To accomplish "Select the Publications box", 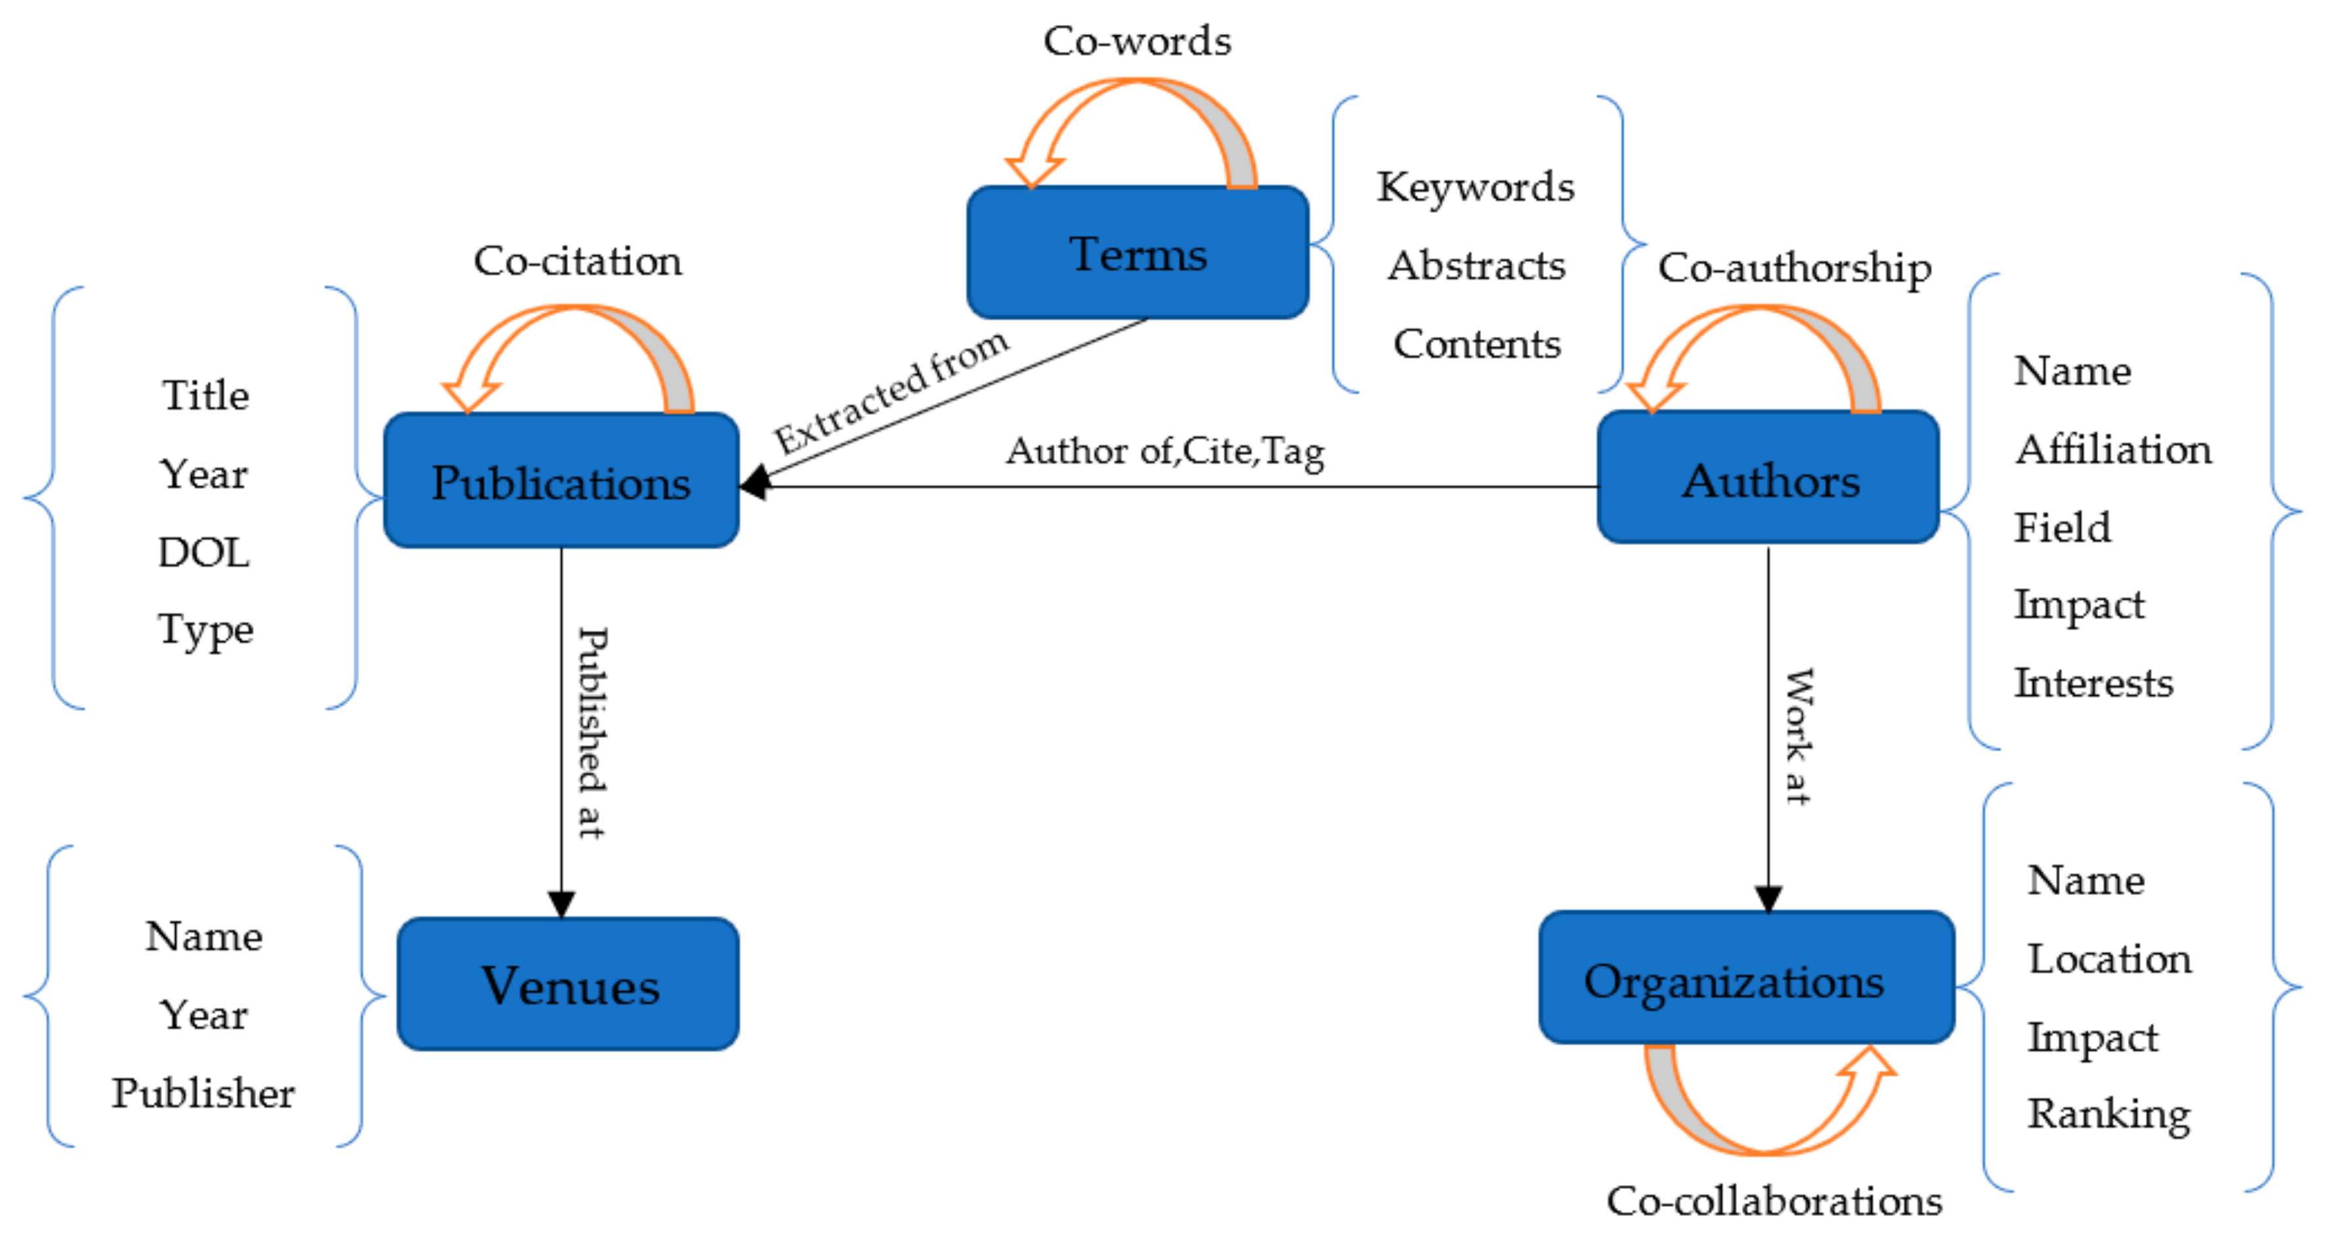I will pyautogui.click(x=561, y=481).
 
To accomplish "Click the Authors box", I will pyautogui.click(x=1768, y=479).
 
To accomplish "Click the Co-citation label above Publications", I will pyautogui.click(x=577, y=261).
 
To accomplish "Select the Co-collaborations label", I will pyautogui.click(x=1773, y=1201).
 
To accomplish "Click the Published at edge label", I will pyautogui.click(x=592, y=733).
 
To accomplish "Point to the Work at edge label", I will pyautogui.click(x=1797, y=737).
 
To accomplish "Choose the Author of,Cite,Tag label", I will pyautogui.click(x=1164, y=450).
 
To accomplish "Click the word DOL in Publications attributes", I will pyautogui.click(x=203, y=552).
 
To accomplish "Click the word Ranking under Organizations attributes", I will pyautogui.click(x=2108, y=1114).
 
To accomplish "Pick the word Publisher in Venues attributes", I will pyautogui.click(x=203, y=1093).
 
